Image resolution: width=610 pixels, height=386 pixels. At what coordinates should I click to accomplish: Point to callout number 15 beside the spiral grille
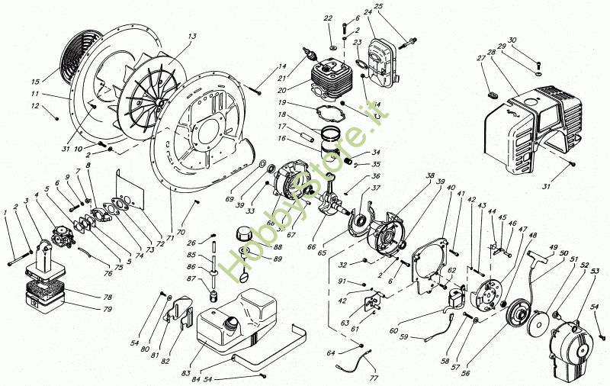click(35, 82)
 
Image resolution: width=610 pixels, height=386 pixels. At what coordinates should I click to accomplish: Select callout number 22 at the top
click(328, 18)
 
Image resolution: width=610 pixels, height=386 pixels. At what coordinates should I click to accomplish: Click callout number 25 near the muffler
click(378, 7)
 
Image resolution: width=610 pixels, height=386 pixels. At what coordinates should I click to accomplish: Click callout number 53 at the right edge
click(594, 271)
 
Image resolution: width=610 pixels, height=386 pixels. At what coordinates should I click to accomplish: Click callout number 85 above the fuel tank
click(191, 254)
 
